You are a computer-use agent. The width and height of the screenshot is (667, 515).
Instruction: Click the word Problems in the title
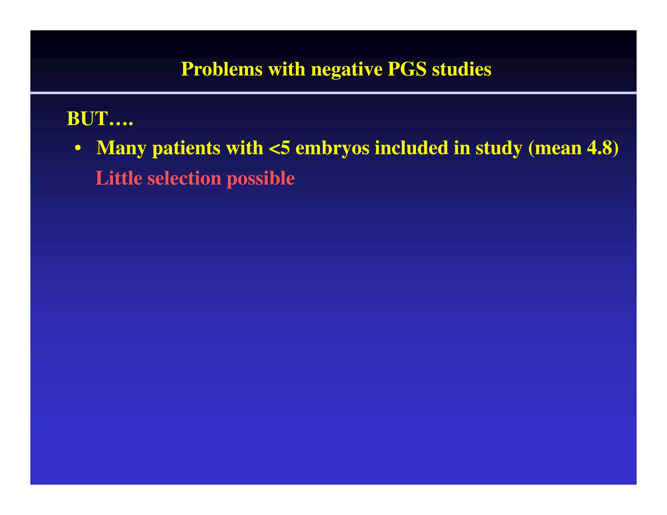click(x=221, y=69)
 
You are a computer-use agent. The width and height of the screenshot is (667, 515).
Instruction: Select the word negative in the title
click(x=346, y=69)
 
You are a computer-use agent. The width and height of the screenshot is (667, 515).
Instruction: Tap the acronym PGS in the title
click(x=407, y=69)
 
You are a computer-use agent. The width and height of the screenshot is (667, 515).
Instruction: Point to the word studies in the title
click(x=461, y=69)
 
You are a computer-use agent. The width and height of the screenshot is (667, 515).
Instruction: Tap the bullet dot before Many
click(x=78, y=148)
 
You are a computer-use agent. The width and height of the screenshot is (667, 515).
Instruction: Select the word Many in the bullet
click(x=121, y=148)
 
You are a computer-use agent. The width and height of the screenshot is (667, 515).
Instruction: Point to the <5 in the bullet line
click(x=279, y=148)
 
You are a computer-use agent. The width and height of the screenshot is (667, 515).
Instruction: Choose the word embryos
click(x=332, y=148)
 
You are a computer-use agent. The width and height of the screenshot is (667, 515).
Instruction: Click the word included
click(x=411, y=148)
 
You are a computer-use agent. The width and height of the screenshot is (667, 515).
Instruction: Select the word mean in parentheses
click(x=558, y=148)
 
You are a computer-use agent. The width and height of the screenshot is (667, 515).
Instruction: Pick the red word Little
click(x=119, y=178)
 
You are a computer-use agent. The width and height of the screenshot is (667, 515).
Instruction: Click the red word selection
click(x=184, y=178)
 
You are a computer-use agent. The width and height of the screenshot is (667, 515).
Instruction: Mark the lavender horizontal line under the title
click(x=333, y=93)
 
